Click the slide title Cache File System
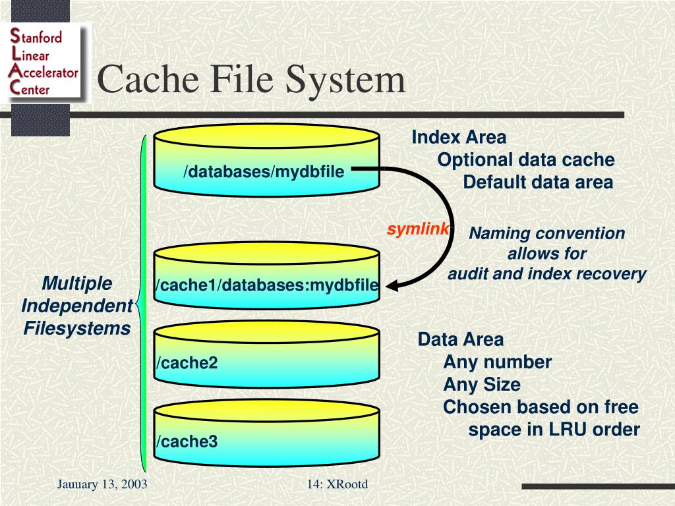click(251, 80)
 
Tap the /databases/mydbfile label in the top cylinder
click(264, 172)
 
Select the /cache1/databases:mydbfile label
click(266, 285)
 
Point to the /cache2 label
click(187, 363)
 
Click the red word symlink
click(418, 229)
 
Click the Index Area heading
click(459, 138)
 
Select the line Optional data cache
click(526, 160)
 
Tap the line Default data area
click(538, 183)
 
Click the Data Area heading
click(460, 340)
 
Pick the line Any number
click(497, 362)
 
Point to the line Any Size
click(482, 385)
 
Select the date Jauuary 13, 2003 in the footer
click(102, 485)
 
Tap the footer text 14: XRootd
click(337, 485)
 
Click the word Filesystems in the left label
click(77, 327)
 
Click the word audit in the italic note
click(468, 274)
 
